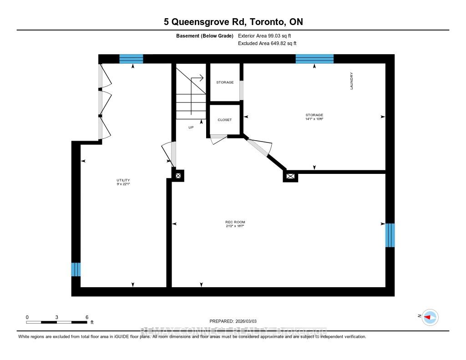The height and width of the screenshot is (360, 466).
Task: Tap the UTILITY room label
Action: (120, 180)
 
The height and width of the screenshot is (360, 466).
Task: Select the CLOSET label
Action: (224, 120)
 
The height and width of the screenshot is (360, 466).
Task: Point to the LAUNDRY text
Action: (352, 81)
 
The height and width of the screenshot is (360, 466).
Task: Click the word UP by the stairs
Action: (191, 127)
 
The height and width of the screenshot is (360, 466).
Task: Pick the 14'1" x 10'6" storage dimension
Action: (314, 119)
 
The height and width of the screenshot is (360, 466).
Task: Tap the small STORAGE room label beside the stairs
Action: (225, 82)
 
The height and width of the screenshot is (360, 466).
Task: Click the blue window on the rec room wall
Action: (390, 235)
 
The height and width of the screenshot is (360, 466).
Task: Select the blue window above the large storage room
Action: (314, 59)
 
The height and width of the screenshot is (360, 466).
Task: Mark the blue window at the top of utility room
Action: (131, 59)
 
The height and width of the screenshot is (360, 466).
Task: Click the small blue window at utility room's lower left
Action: (76, 269)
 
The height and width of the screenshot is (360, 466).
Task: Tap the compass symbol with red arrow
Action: (430, 317)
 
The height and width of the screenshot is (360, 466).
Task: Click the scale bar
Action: (57, 322)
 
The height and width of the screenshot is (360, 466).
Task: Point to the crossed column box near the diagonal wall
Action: (290, 176)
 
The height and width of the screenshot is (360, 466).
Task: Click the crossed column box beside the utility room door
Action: (178, 175)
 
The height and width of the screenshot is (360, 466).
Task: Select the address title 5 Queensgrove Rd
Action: (233, 22)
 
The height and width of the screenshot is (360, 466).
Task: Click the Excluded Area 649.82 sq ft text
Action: (267, 44)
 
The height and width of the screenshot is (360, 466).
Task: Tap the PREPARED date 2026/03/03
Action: (236, 321)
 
